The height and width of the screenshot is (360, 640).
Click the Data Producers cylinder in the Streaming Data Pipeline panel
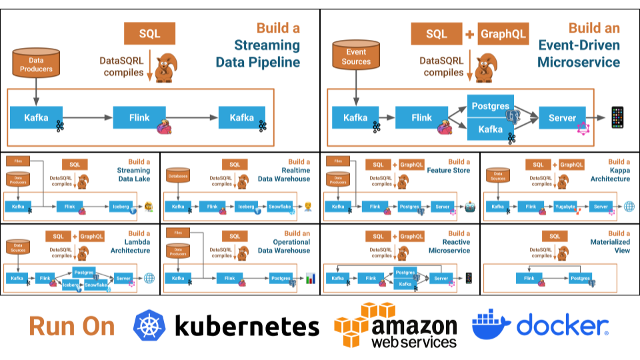[37, 63]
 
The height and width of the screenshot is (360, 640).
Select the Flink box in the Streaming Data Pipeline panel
[139, 118]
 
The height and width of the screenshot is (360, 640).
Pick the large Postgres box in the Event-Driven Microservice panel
[491, 106]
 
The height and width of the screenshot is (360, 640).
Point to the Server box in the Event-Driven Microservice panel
[562, 118]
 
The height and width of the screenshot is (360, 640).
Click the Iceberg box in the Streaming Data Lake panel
[123, 207]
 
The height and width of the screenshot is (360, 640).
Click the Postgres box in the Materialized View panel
[580, 278]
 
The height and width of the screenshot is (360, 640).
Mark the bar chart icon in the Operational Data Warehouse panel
[310, 279]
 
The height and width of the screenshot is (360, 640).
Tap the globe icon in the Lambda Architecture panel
[149, 278]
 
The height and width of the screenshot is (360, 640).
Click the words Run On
[72, 327]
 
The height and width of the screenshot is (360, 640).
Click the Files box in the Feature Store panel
[338, 161]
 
